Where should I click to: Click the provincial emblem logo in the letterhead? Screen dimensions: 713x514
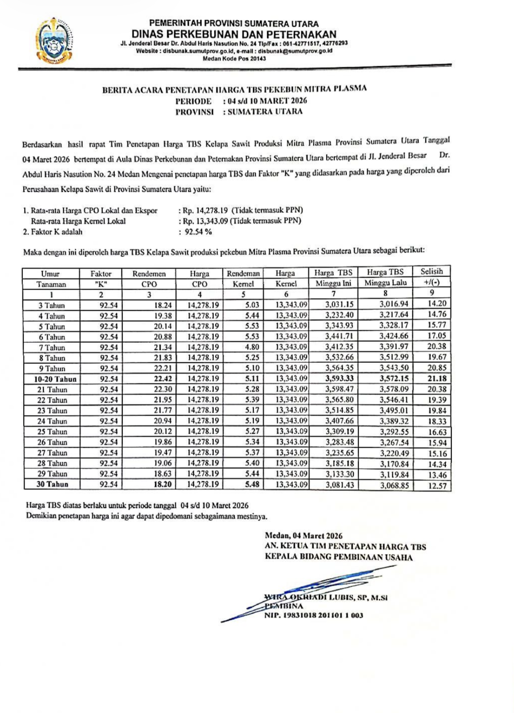[55, 41]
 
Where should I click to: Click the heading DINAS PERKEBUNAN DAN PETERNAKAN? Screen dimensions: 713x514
[234, 34]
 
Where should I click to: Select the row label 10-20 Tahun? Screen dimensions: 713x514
[55, 379]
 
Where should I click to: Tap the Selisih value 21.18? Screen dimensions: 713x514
[437, 379]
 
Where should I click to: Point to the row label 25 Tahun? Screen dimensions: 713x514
[52, 432]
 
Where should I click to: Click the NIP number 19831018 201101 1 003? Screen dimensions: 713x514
[314, 616]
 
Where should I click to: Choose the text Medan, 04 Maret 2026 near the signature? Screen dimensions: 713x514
[303, 536]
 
